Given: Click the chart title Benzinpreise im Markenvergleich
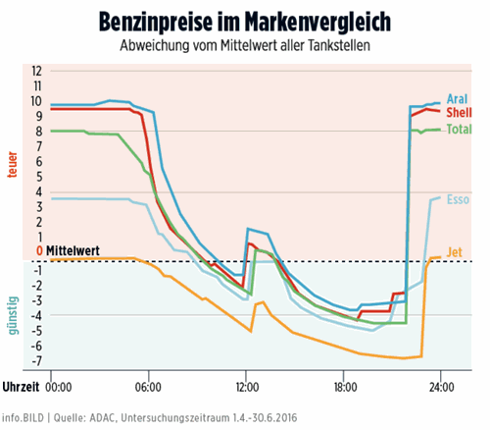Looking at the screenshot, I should coord(244,22).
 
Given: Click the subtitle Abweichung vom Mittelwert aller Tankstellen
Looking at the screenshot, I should coord(245,47).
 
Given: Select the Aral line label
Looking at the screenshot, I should coord(456,99).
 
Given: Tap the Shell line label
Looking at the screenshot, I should coord(458,114).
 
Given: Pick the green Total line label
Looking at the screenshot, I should coord(458,130).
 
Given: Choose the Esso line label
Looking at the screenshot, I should coord(457,200).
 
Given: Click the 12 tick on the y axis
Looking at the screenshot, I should coord(38,72).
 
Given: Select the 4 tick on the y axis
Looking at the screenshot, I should coord(39,192).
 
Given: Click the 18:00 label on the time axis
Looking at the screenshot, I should coord(343,386).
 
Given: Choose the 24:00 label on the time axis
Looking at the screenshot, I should coord(441,386).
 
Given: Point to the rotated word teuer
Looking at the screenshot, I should coord(13,163).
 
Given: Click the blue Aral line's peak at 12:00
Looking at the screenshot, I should coord(248,229).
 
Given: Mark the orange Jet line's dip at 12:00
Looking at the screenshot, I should coord(251,331).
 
